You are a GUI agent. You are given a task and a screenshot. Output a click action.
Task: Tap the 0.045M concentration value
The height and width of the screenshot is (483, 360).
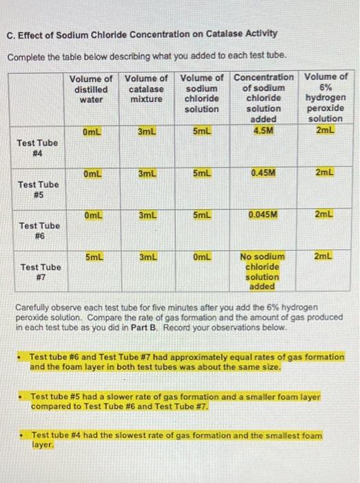click(x=262, y=215)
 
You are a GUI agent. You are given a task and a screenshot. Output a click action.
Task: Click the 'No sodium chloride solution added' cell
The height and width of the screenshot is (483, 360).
click(x=262, y=271)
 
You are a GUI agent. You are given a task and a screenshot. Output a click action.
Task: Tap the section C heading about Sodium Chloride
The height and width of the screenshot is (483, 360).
click(x=141, y=33)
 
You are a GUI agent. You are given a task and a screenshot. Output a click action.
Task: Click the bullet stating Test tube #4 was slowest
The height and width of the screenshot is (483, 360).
click(x=176, y=440)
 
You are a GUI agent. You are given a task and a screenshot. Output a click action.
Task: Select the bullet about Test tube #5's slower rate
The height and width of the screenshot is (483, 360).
click(x=176, y=402)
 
